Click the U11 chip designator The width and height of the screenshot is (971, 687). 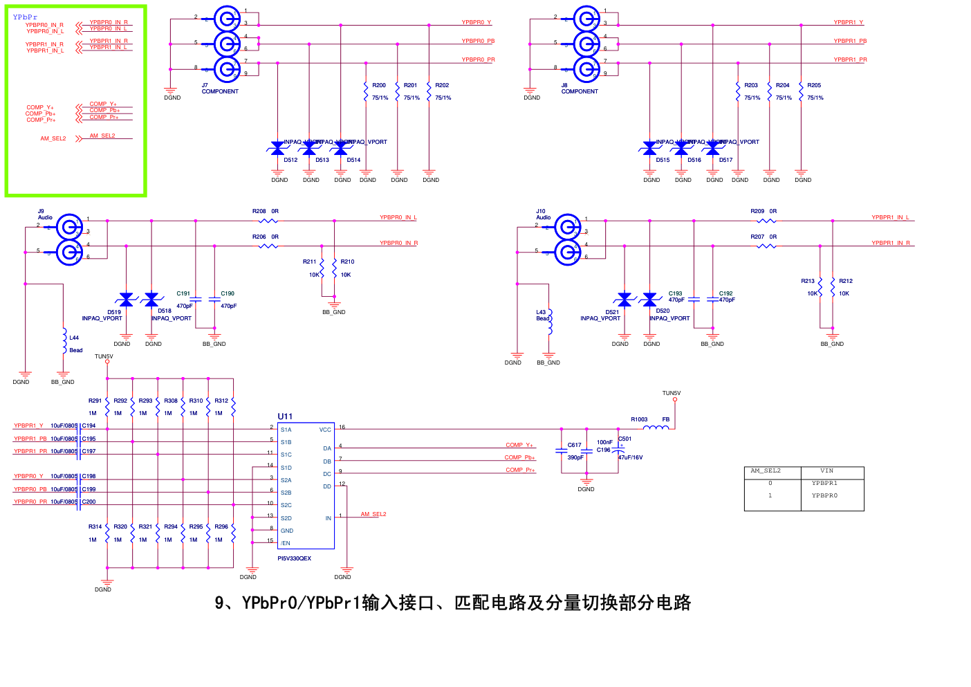point(285,416)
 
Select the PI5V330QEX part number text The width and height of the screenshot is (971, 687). point(295,558)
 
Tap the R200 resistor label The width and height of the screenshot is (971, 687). point(379,86)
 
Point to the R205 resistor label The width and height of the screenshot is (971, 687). point(814,86)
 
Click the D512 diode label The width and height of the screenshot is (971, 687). point(290,160)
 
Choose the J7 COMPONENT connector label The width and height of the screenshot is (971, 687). point(220,89)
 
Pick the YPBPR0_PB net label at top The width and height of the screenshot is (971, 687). point(478,41)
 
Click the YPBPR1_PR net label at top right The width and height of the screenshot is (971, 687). point(850,59)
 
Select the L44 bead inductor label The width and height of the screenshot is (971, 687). point(74,338)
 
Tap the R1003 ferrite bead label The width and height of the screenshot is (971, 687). point(639,419)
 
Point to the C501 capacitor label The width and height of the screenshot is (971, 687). point(625,439)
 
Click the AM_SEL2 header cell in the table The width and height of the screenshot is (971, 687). point(766,470)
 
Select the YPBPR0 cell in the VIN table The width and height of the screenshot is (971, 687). point(824,495)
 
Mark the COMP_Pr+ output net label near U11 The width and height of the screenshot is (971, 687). point(520,470)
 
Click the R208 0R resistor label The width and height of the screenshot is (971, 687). point(266,211)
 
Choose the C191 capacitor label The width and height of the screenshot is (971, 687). point(183,293)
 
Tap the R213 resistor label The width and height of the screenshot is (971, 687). point(808,281)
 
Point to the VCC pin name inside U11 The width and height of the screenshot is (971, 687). point(325,430)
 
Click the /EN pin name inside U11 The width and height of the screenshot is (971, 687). point(286,543)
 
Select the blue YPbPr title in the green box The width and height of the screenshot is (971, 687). point(25,17)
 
